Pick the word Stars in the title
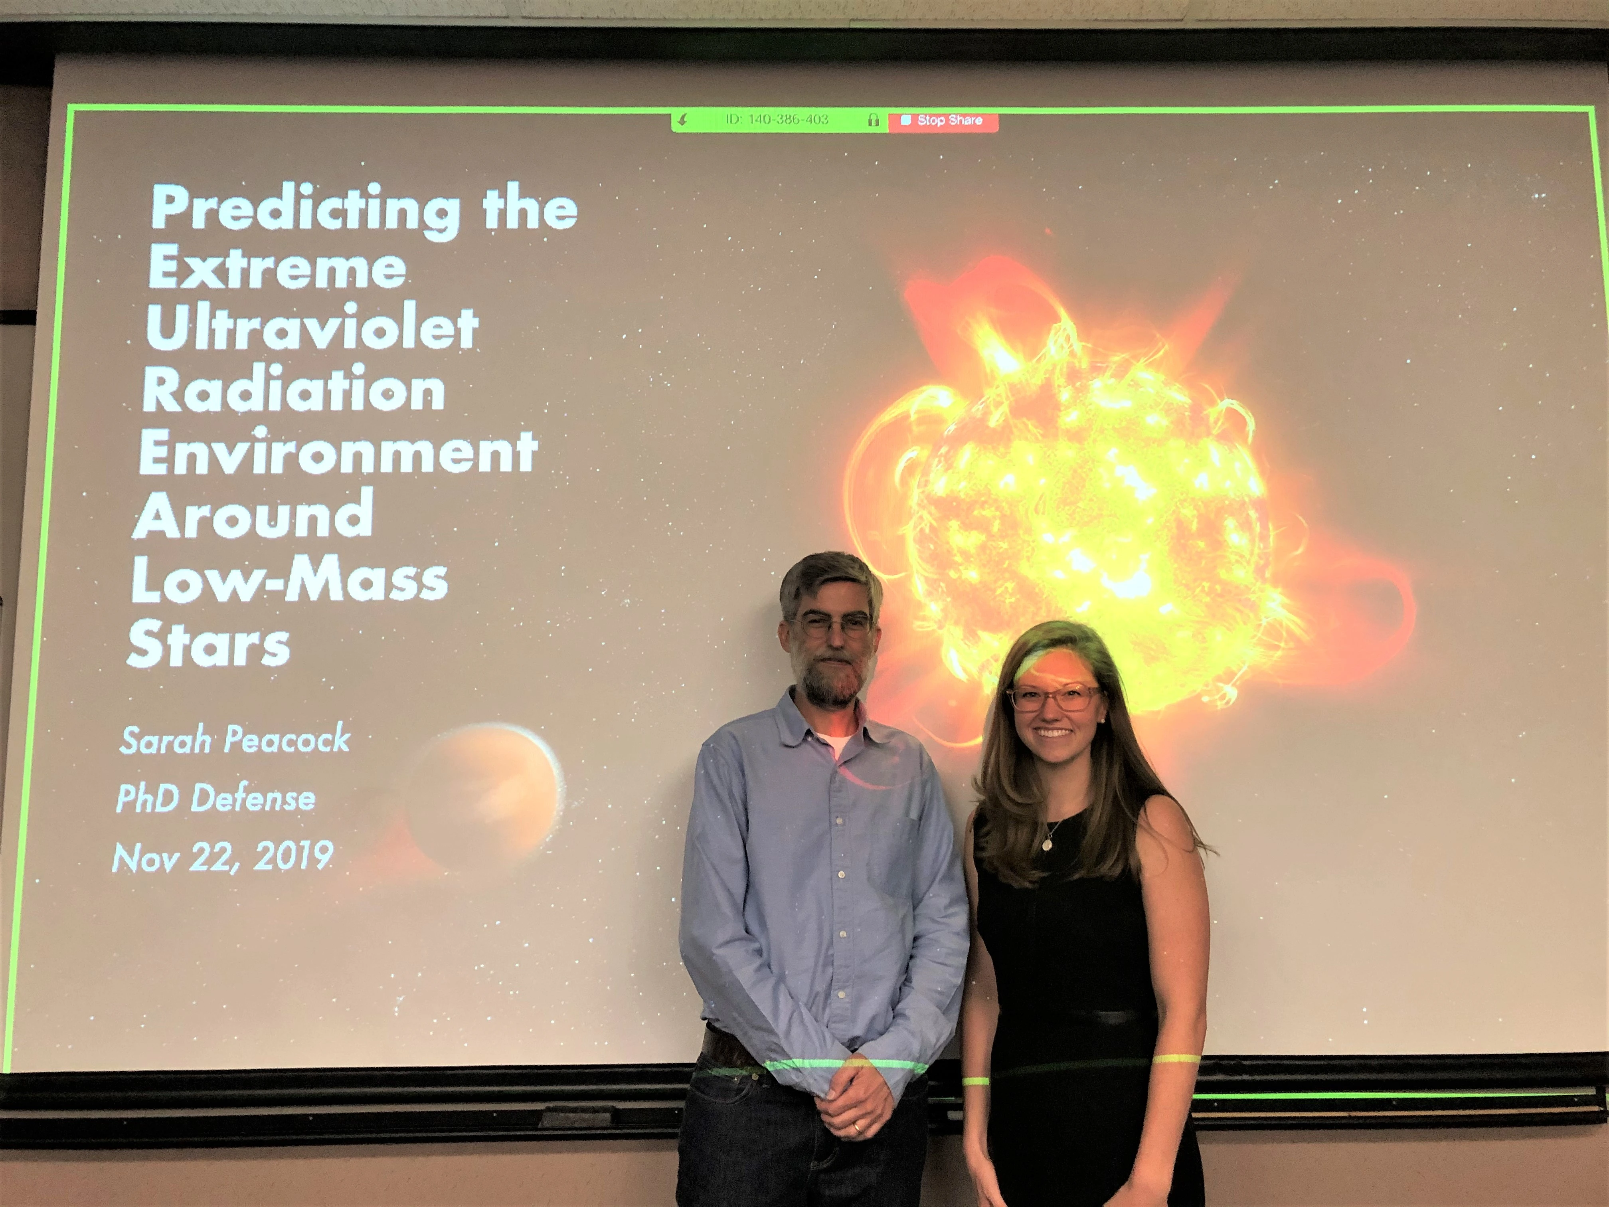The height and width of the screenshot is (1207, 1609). click(x=209, y=644)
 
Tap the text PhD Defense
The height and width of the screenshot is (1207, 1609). click(x=215, y=799)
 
